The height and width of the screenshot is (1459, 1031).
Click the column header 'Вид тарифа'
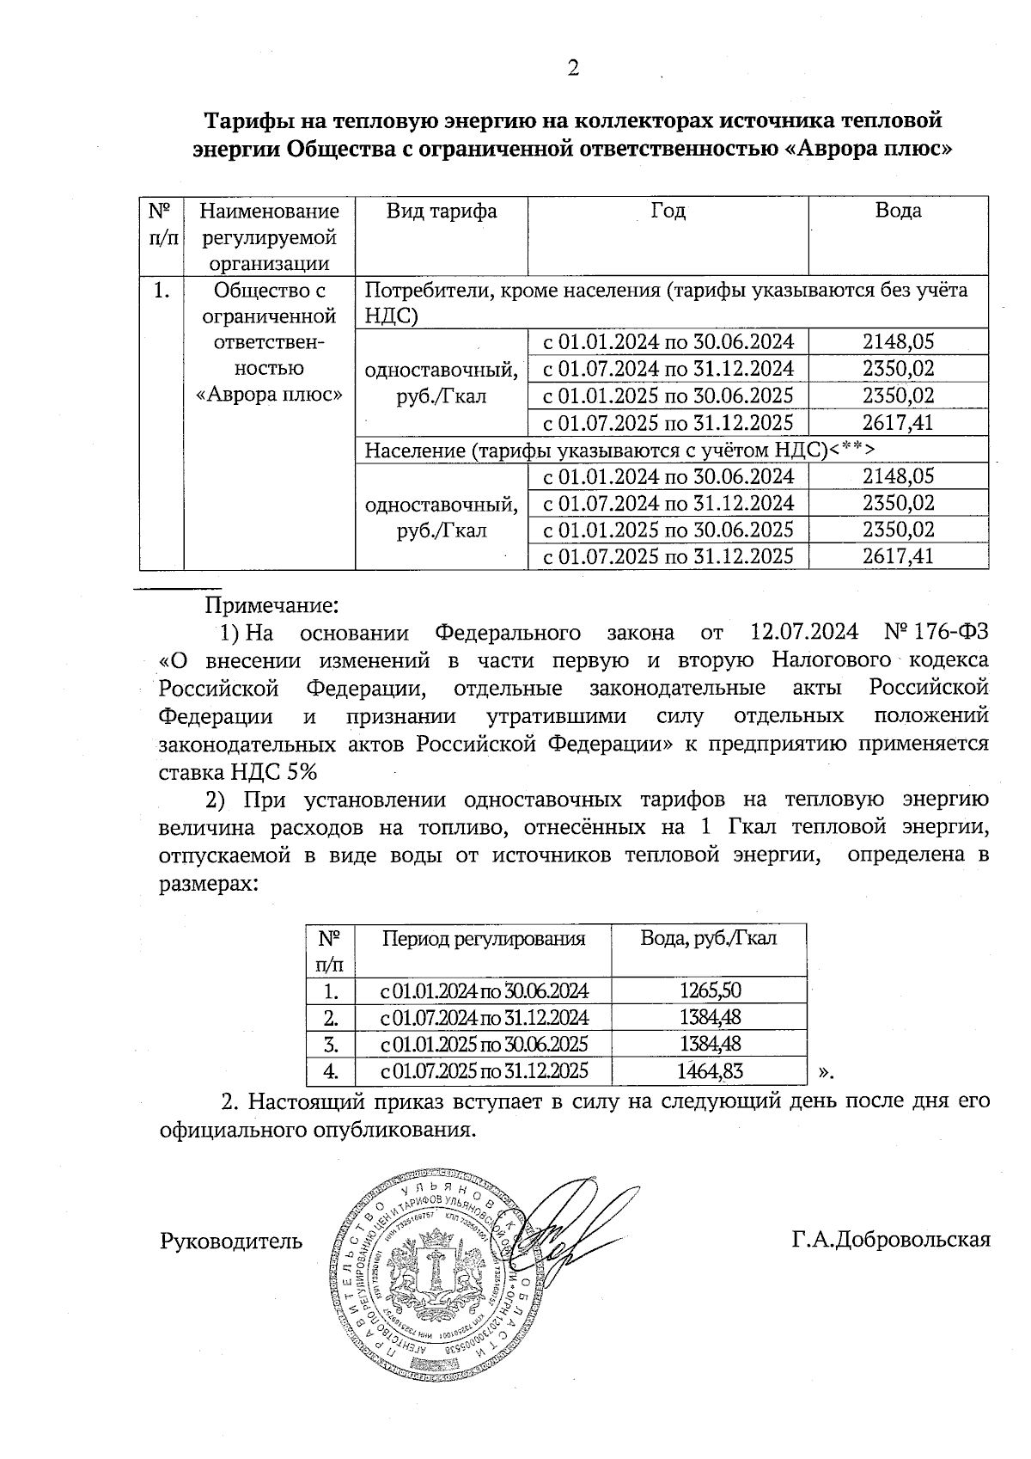click(x=441, y=211)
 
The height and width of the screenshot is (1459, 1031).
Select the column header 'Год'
click(x=668, y=211)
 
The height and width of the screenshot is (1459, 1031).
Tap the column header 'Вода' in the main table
click(x=898, y=211)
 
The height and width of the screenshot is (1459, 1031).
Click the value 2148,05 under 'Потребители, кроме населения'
click(x=898, y=342)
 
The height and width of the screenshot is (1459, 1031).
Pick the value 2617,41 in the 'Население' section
click(x=898, y=556)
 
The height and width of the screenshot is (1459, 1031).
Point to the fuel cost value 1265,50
click(x=710, y=990)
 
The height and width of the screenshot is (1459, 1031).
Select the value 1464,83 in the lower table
click(x=710, y=1071)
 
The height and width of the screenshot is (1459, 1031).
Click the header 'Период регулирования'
click(x=483, y=938)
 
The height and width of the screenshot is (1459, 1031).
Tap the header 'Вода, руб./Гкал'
click(x=709, y=938)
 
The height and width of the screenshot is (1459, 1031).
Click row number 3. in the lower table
click(x=330, y=1045)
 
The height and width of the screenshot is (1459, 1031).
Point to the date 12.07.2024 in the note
click(x=804, y=633)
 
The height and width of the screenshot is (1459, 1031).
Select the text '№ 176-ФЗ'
click(x=936, y=633)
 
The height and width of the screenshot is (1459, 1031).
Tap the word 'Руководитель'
click(x=231, y=1241)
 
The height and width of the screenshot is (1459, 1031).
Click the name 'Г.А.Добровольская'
click(x=891, y=1240)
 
